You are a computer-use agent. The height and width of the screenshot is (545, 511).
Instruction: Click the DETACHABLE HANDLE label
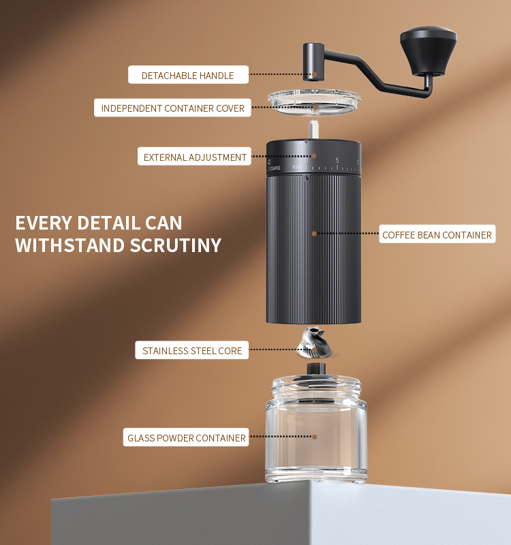(188, 75)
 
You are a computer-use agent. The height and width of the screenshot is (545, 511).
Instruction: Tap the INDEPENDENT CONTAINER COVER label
(172, 108)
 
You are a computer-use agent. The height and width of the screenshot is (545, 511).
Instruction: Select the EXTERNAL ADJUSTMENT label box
(194, 157)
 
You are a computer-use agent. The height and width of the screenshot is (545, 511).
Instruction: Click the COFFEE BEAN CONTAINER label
(437, 234)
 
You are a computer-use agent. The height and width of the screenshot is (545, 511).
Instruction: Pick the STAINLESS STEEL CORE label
(192, 350)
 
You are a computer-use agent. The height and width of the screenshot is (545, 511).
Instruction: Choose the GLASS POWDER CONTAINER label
(186, 437)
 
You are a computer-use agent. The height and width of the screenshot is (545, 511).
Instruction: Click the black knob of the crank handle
(429, 50)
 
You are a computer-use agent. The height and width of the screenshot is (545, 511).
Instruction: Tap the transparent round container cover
(314, 102)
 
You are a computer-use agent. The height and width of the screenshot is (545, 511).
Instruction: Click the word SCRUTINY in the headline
(176, 245)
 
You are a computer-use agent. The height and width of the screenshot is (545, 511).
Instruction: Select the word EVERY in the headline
(44, 223)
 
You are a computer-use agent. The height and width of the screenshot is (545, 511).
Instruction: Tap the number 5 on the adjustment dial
(337, 160)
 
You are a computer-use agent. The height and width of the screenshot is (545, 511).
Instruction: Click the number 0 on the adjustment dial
(306, 161)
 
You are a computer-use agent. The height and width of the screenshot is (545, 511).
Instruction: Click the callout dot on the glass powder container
(314, 437)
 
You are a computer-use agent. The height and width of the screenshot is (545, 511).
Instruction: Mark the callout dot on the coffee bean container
(314, 234)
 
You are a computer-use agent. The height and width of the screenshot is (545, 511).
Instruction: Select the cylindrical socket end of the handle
(313, 62)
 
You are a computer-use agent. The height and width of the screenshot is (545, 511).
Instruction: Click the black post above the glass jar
(316, 369)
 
